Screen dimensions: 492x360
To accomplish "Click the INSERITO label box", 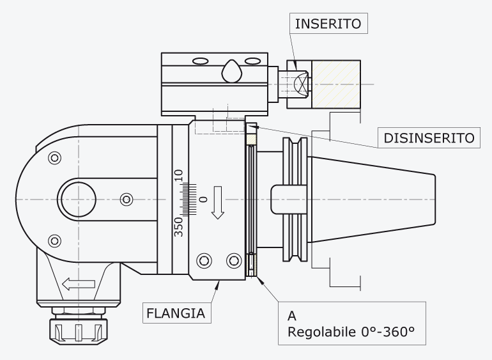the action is pyautogui.click(x=328, y=24).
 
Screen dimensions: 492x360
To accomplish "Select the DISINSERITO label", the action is pyautogui.click(x=429, y=138).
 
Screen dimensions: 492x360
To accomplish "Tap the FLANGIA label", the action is pyautogui.click(x=176, y=313).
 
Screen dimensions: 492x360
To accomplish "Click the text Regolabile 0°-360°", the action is pyautogui.click(x=351, y=332).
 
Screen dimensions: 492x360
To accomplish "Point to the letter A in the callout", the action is pyautogui.click(x=292, y=316).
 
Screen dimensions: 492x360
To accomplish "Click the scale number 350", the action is pyautogui.click(x=178, y=227).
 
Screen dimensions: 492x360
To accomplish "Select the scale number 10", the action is pyautogui.click(x=178, y=175).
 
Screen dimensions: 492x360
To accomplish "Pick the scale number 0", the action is pyautogui.click(x=204, y=200).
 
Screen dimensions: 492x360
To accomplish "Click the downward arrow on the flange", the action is pyautogui.click(x=217, y=203).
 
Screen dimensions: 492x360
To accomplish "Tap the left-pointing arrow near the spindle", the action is pyautogui.click(x=79, y=285).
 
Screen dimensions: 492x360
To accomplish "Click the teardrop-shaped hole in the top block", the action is pyautogui.click(x=232, y=72).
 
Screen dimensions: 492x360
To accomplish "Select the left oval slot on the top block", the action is pyautogui.click(x=201, y=61).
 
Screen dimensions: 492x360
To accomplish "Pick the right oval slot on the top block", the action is pyautogui.click(x=252, y=61).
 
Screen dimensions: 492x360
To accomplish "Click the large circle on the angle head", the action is pyautogui.click(x=79, y=200).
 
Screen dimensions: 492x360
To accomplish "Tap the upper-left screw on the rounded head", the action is pyautogui.click(x=54, y=158).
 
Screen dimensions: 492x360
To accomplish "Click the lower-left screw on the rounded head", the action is pyautogui.click(x=54, y=241).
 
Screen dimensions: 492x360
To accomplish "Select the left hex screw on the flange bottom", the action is pyautogui.click(x=204, y=260).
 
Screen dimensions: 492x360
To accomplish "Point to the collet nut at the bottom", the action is pyautogui.click(x=79, y=332).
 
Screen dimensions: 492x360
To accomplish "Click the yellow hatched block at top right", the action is pyautogui.click(x=336, y=84).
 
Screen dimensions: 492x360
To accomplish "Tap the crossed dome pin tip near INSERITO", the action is pyautogui.click(x=302, y=84).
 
